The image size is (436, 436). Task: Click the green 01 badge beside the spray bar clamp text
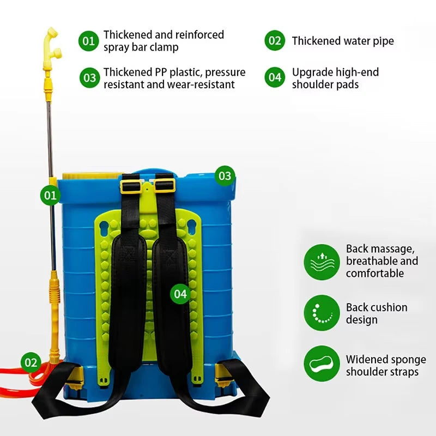89,40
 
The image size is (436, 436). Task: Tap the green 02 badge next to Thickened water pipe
275,41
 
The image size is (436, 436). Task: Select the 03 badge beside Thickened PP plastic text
89,78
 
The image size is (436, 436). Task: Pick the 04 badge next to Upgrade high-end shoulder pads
275,78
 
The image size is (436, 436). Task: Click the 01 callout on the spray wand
51,195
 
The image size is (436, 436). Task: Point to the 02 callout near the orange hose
31,362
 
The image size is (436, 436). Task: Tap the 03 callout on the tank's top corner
225,176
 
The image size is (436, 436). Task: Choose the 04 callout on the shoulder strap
181,294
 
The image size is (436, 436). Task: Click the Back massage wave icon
322,262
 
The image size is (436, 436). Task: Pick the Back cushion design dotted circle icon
322,313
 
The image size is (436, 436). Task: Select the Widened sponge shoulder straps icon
322,364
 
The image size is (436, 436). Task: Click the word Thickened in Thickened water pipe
316,41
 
